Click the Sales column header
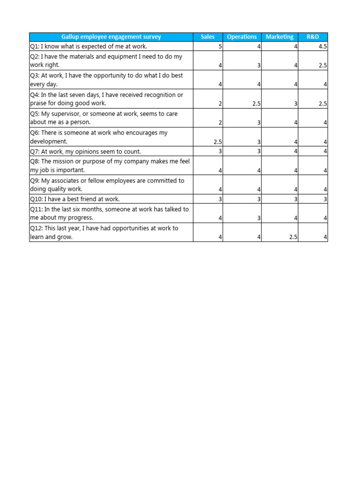tap(208, 37)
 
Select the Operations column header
tap(242, 37)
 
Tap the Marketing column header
tap(279, 37)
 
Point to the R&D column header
tap(313, 37)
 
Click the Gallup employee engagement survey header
tap(111, 37)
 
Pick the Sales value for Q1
tap(220, 46)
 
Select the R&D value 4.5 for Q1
tap(322, 46)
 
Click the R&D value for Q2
tap(322, 66)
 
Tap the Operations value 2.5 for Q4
tap(256, 104)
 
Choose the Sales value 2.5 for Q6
tap(217, 142)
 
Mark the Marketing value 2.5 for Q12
tap(293, 237)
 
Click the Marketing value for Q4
tap(296, 104)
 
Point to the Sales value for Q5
tap(220, 122)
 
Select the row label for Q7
tap(85, 151)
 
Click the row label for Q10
tap(75, 199)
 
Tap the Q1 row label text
tap(88, 46)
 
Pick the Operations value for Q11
tap(259, 218)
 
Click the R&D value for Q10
tap(325, 199)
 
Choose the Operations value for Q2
tap(259, 66)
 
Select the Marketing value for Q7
tap(296, 151)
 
